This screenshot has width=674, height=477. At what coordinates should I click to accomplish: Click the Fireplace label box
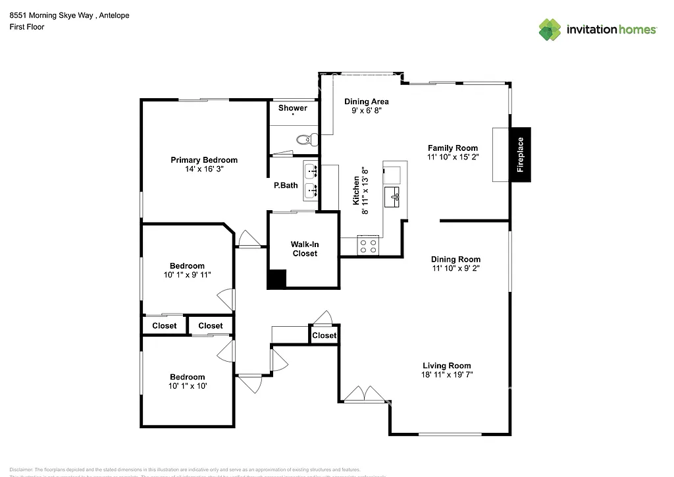click(520, 154)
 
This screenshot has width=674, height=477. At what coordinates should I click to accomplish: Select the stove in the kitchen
click(369, 246)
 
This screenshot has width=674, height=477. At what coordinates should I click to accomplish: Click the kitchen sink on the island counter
click(395, 196)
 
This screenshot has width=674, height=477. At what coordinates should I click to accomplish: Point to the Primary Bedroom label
click(204, 160)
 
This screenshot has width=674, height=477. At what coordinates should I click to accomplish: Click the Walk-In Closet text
click(304, 249)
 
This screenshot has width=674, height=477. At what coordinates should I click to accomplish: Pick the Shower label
click(292, 108)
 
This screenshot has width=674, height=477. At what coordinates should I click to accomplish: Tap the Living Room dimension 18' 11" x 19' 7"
click(446, 374)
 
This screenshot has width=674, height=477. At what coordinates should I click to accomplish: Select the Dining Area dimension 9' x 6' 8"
click(367, 111)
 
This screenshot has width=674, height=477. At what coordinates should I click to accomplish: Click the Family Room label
click(452, 148)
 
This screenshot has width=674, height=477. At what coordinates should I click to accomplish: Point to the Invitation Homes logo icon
click(550, 30)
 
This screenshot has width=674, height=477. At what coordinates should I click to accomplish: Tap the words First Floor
click(27, 27)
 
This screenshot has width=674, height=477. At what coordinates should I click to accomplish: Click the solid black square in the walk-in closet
click(276, 279)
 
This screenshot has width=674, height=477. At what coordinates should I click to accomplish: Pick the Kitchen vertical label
click(356, 190)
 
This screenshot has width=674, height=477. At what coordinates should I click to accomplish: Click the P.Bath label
click(286, 185)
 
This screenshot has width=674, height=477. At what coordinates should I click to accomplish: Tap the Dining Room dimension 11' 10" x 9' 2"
click(455, 268)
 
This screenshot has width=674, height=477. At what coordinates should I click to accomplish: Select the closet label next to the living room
click(324, 335)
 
